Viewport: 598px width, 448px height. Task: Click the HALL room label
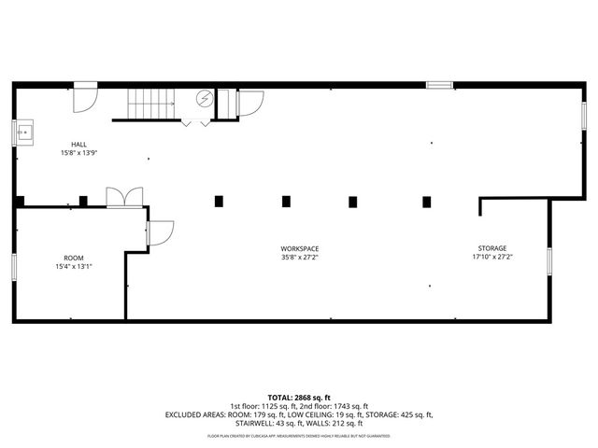(79, 144)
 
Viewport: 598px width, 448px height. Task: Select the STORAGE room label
(492, 248)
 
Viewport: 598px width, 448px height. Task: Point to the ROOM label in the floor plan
(73, 257)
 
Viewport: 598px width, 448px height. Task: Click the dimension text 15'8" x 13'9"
(79, 152)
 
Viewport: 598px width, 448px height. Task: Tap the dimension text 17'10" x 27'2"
(492, 257)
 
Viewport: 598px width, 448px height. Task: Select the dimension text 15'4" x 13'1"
(73, 266)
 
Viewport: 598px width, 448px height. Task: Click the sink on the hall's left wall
(23, 133)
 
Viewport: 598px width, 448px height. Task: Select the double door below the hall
(124, 197)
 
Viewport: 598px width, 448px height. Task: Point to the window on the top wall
(439, 85)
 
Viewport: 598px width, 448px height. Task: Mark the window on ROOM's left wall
(13, 266)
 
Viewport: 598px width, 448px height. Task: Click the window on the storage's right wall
(549, 262)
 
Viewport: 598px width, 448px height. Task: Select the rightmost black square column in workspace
(427, 201)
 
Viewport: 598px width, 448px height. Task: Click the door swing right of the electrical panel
(249, 101)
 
